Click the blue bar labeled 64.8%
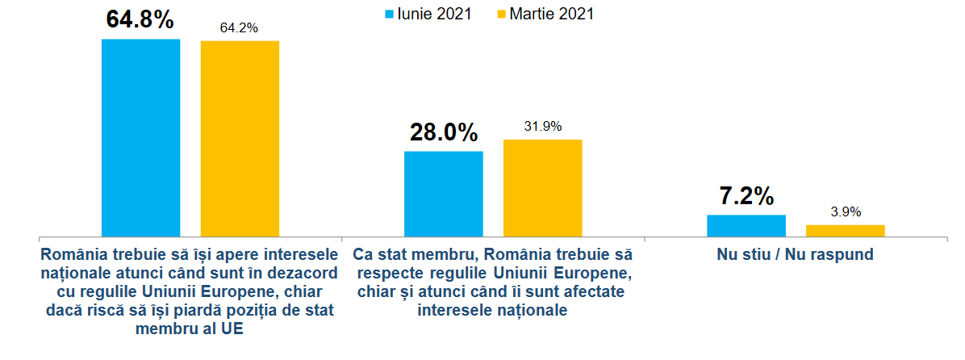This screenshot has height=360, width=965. click(140, 137)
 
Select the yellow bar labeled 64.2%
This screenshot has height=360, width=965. click(240, 138)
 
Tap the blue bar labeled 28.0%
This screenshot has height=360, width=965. click(443, 194)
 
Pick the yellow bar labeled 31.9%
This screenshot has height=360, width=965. click(542, 188)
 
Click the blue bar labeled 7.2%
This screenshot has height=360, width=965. click(746, 226)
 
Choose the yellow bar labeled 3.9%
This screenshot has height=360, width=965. click(845, 231)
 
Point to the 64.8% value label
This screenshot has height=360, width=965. click(140, 20)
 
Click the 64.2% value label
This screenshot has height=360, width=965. click(239, 28)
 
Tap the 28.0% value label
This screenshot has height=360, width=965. click(443, 133)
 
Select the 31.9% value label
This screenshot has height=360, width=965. click(542, 127)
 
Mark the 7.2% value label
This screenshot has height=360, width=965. click(746, 197)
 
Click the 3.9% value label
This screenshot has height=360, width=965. click(845, 212)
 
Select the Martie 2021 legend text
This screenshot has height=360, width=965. click(550, 14)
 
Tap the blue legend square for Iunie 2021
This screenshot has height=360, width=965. click(389, 14)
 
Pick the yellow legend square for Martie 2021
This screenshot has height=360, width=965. click(497, 14)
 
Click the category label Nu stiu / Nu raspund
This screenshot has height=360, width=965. click(795, 254)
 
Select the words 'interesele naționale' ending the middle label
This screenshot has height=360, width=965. click(493, 310)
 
